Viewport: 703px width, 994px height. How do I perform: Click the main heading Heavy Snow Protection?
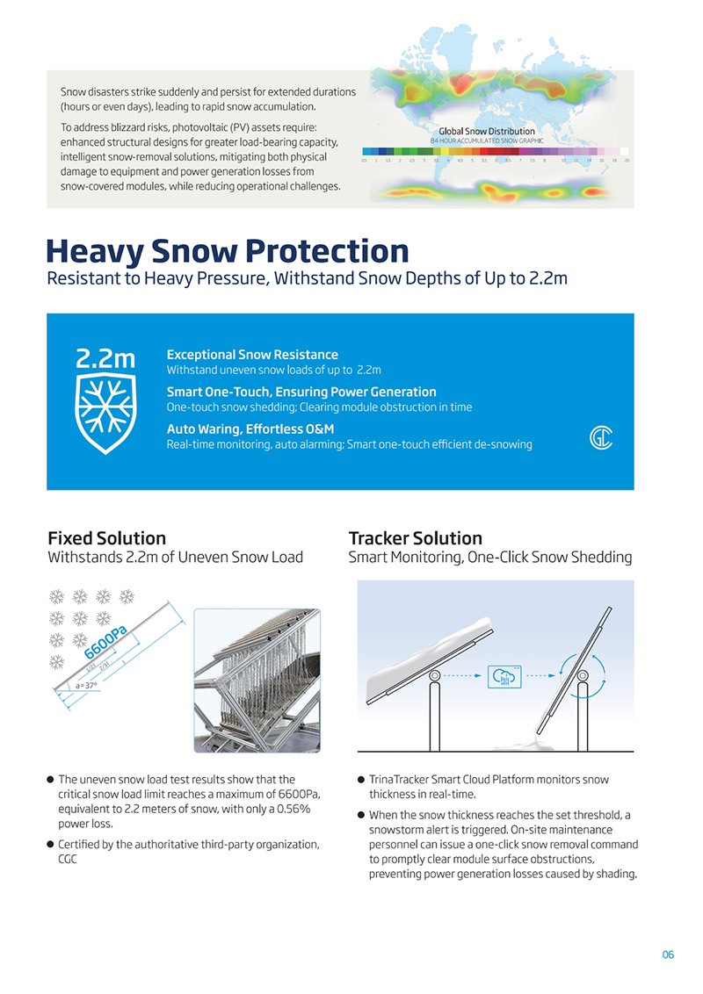pyautogui.click(x=227, y=251)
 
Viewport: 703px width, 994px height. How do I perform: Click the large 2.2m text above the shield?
pyautogui.click(x=105, y=358)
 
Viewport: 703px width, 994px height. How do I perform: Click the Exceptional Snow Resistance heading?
pyautogui.click(x=252, y=355)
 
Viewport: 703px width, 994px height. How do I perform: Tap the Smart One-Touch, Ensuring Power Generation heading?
pyautogui.click(x=301, y=392)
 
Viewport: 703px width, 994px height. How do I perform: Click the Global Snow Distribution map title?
pyautogui.click(x=486, y=131)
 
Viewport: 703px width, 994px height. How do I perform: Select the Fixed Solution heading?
pyautogui.click(x=106, y=537)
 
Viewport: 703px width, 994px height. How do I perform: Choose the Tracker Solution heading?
pyautogui.click(x=415, y=537)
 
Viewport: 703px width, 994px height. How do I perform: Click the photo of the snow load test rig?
pyautogui.click(x=257, y=680)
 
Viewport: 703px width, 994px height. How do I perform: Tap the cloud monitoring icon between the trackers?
pyautogui.click(x=504, y=678)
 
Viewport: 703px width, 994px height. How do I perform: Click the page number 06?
pyautogui.click(x=668, y=954)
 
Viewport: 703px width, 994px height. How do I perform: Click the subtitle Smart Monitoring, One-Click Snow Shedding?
pyautogui.click(x=489, y=558)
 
